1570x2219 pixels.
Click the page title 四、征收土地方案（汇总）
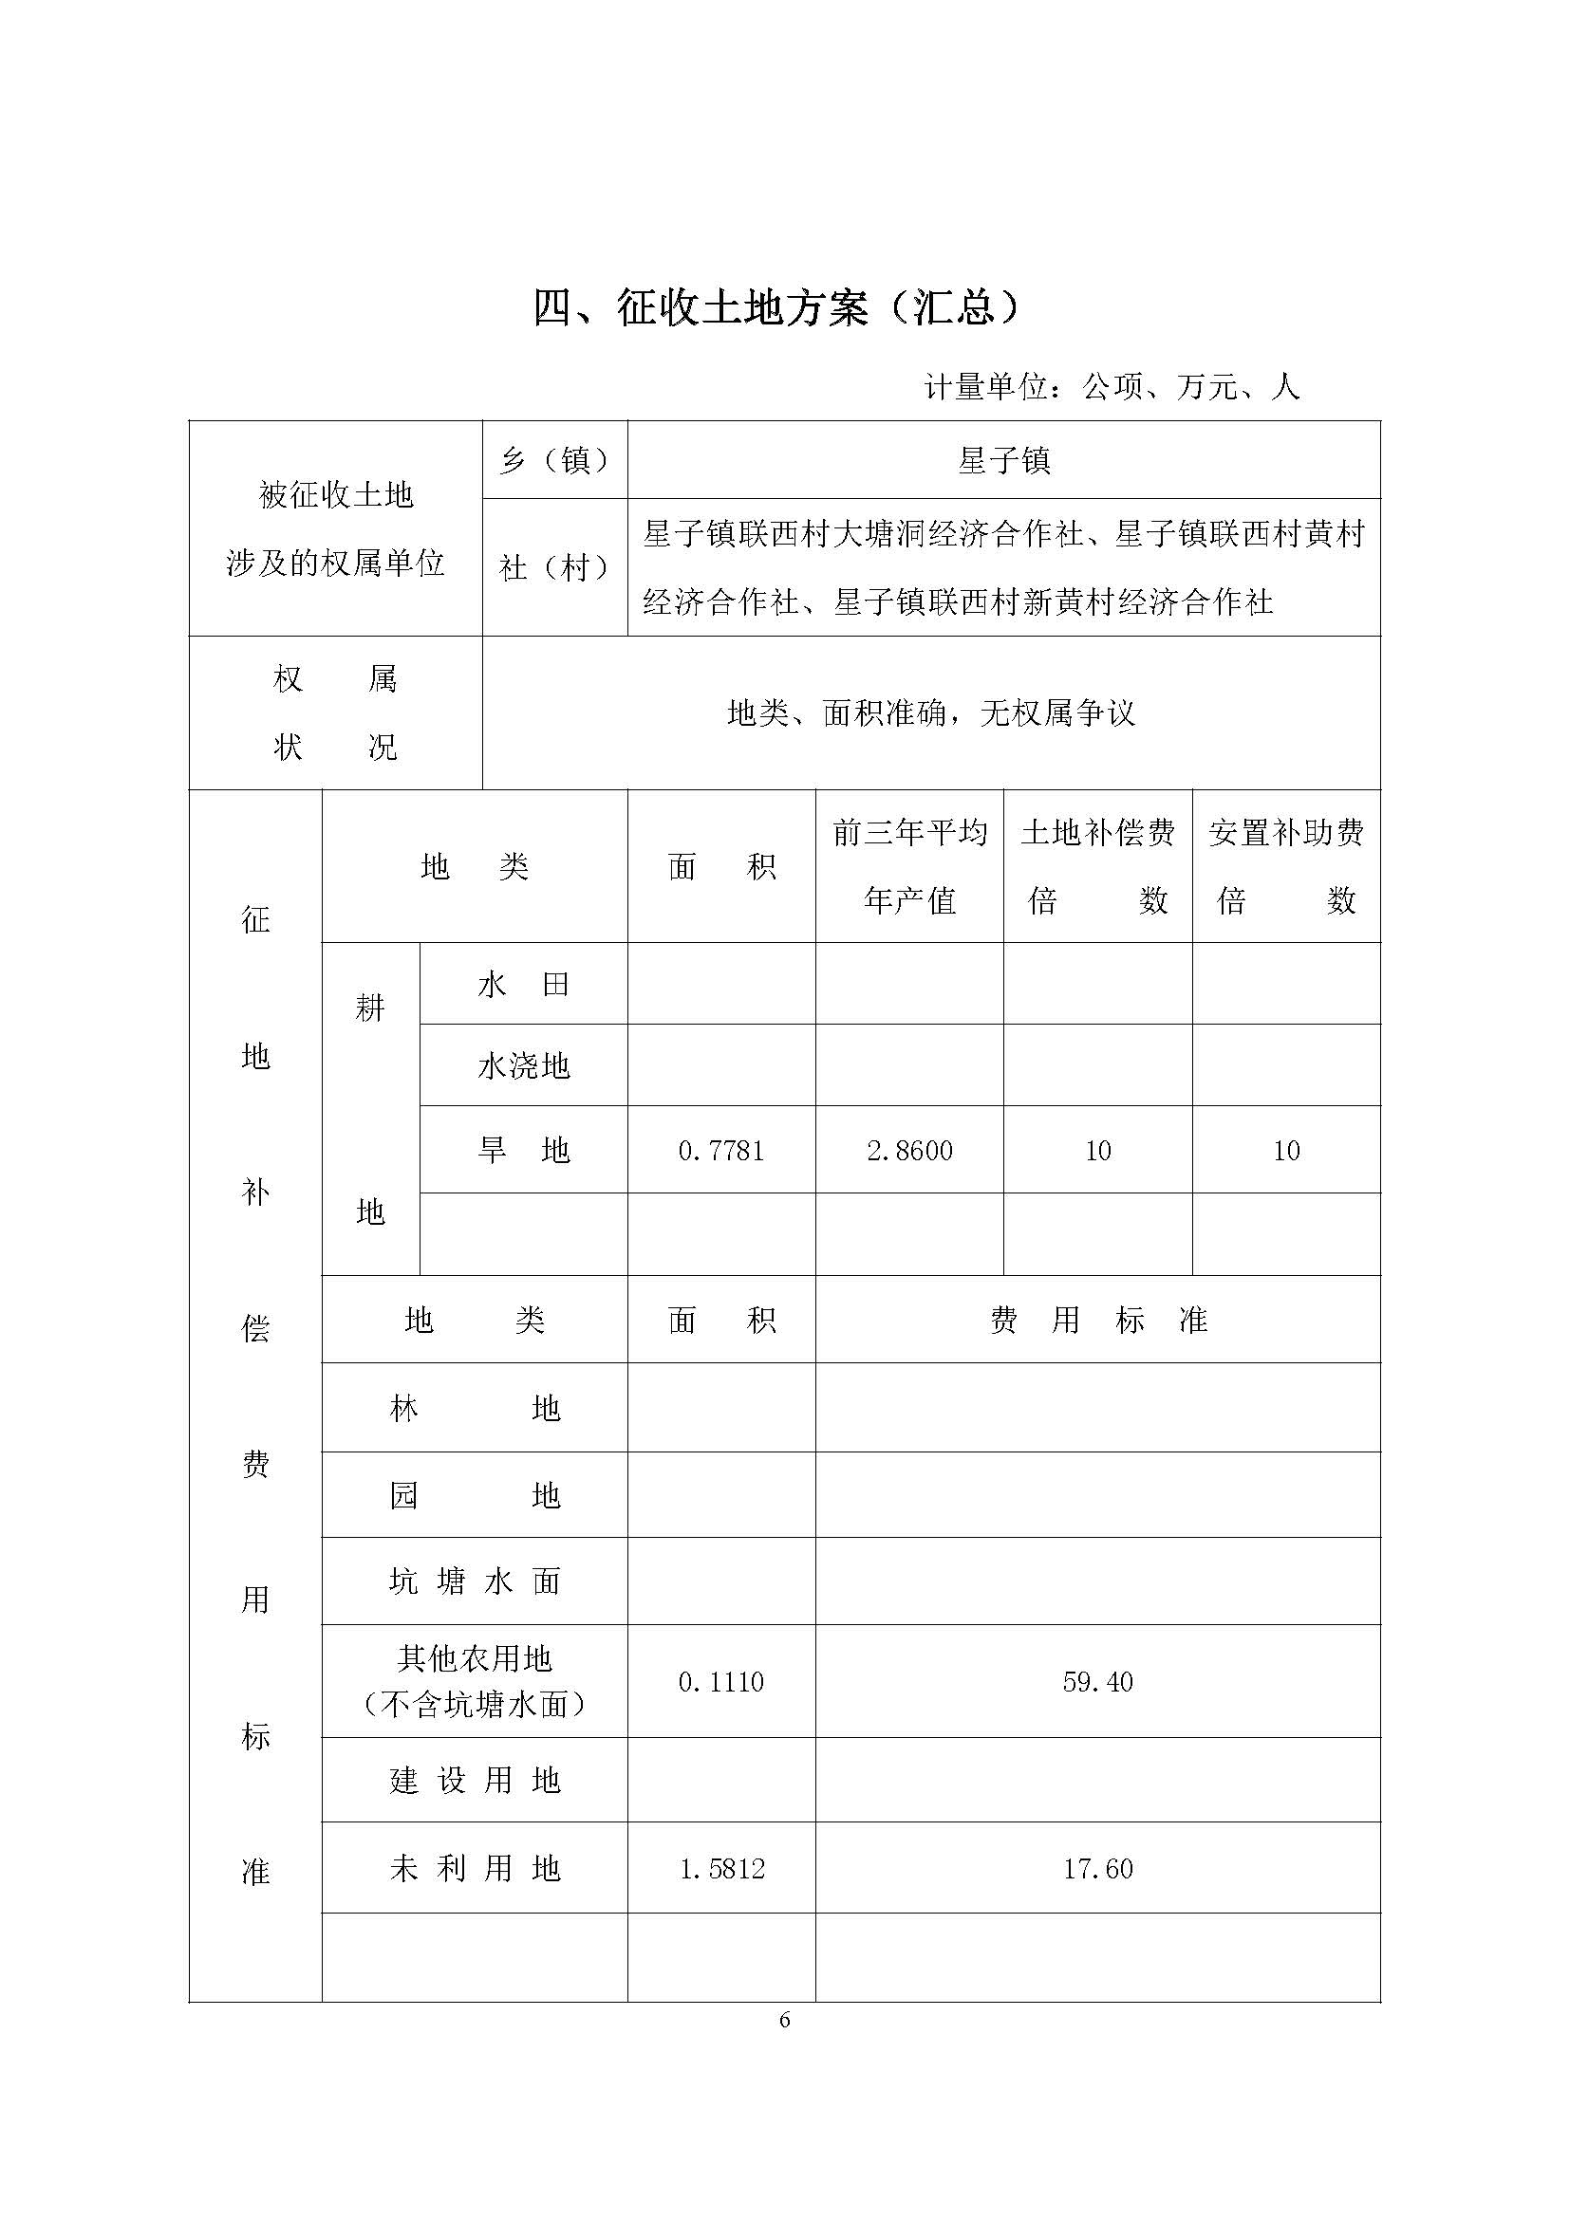777,308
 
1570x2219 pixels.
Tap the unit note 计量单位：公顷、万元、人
1111,388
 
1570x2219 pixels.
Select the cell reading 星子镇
1003,461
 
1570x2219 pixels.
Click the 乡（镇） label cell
555,461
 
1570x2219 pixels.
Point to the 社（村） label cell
555,567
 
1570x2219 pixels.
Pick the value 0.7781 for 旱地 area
721,1150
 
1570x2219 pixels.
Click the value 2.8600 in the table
909,1150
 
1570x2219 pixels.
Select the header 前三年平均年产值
909,866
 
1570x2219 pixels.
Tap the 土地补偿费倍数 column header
1097,866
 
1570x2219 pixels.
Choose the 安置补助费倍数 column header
1286,866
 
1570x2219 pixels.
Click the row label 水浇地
523,1066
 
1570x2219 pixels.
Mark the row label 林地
475,1409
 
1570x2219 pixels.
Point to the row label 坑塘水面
475,1582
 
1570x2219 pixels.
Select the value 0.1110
721,1682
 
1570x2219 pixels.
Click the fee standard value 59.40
1097,1682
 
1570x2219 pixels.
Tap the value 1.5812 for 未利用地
721,1869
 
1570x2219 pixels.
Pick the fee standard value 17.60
1097,1869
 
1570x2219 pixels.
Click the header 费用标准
1097,1321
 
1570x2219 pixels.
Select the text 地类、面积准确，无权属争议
930,714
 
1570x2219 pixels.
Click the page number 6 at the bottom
784,2020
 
